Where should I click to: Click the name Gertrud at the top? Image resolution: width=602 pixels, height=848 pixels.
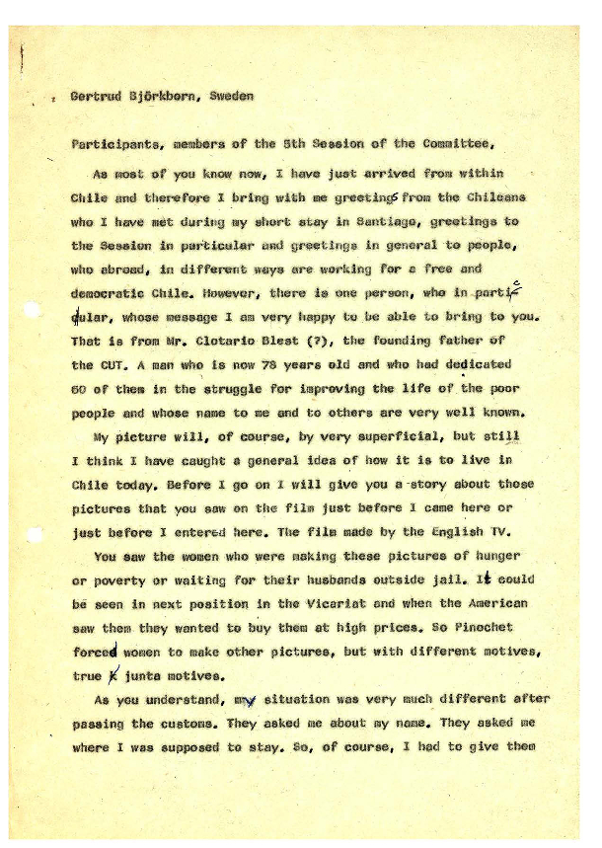point(97,97)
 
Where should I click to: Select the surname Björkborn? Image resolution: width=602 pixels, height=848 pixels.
point(165,97)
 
